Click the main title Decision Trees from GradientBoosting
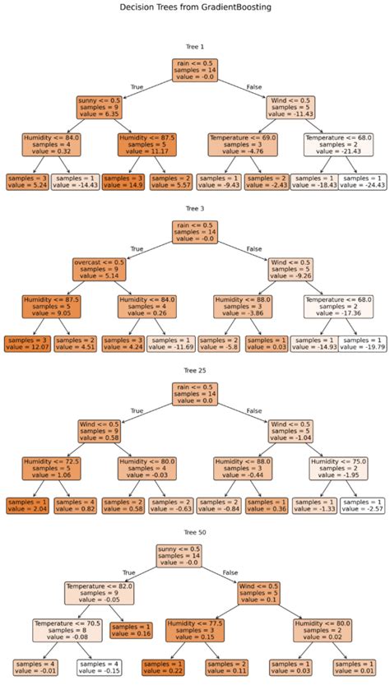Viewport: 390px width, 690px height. click(195, 7)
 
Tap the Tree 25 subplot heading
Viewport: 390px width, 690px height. click(195, 371)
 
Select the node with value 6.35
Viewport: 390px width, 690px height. click(100, 109)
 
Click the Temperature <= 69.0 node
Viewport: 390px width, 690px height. click(243, 145)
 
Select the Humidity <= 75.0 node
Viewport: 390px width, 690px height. click(337, 467)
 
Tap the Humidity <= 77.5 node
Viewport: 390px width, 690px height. click(194, 629)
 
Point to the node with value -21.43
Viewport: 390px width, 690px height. click(337, 145)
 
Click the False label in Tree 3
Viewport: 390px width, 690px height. click(253, 248)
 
